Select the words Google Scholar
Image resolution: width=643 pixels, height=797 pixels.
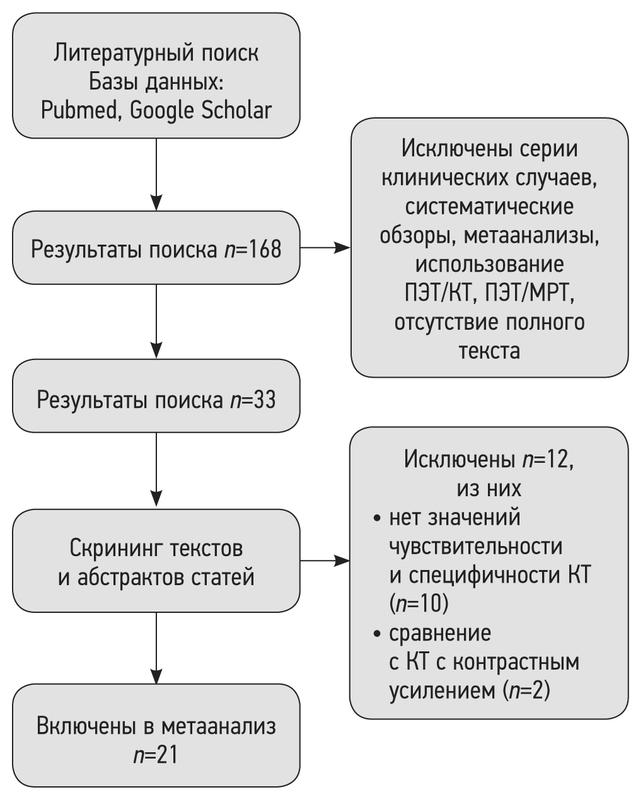200,110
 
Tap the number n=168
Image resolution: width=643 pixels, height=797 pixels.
252,249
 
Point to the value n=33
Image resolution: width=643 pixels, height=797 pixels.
252,400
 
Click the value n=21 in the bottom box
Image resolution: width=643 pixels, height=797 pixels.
156,754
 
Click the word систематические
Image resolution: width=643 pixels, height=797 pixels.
489,206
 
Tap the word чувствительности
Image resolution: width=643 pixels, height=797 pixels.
475,546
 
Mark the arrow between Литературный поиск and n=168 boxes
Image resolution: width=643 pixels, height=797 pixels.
156,175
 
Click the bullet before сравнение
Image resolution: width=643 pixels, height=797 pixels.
376,633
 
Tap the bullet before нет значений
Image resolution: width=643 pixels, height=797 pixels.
376,519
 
